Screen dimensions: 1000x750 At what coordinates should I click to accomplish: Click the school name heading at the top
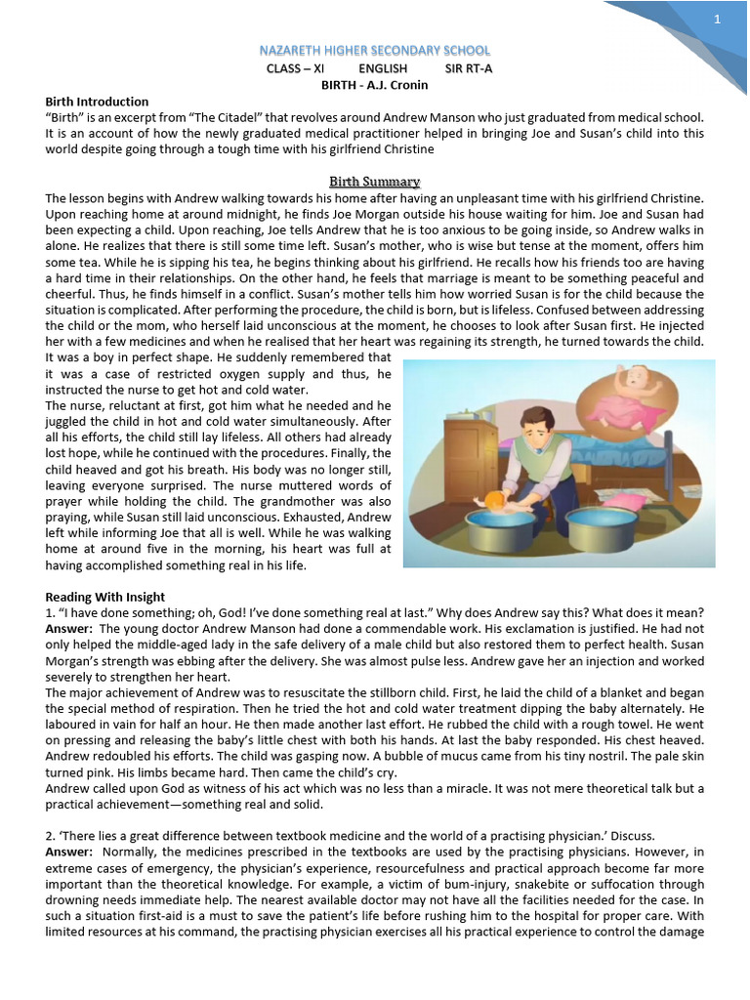click(374, 50)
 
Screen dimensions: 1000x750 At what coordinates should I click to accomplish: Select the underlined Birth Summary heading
click(374, 182)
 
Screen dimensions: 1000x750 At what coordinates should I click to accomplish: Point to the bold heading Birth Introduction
click(97, 102)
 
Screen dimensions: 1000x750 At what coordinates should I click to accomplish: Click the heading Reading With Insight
click(105, 597)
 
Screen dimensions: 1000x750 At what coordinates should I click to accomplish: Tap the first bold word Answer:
click(68, 629)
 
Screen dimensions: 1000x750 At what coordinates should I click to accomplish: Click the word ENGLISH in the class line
click(383, 68)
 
